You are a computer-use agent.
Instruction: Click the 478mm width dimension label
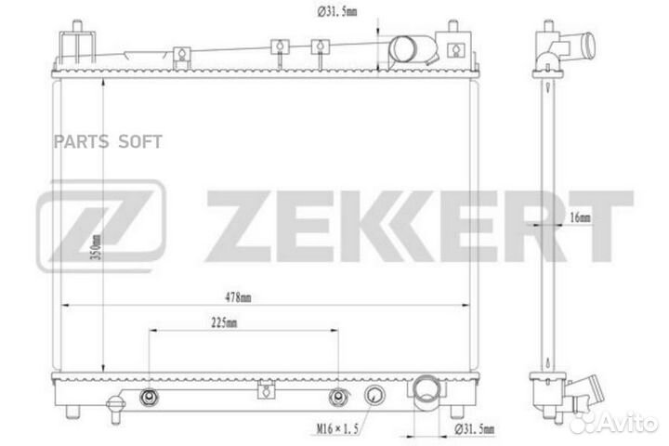[x=238, y=297]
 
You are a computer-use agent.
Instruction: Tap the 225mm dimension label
[x=224, y=323]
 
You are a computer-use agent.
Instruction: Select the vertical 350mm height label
[x=97, y=247]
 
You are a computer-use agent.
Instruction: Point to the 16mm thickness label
[x=580, y=217]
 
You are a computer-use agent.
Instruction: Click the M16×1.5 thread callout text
[x=337, y=428]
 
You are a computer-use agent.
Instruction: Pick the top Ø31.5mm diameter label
[x=337, y=11]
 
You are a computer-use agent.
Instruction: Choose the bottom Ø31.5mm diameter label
[x=475, y=428]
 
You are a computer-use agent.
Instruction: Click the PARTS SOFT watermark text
[x=108, y=141]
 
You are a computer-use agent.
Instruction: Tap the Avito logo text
[x=627, y=423]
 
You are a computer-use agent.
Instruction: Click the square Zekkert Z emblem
[x=101, y=226]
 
